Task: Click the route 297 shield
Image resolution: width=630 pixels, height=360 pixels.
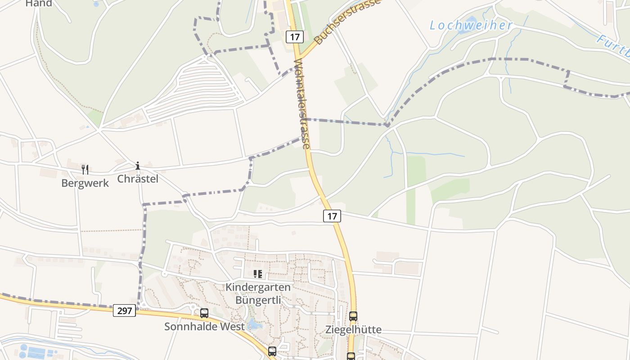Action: tap(124, 310)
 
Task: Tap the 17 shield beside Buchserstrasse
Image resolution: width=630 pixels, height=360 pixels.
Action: tap(295, 37)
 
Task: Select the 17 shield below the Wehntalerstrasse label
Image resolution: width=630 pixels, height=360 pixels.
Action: tap(332, 216)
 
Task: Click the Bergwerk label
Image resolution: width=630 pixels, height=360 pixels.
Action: tap(85, 183)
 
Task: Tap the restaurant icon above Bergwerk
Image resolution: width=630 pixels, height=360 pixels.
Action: tap(85, 169)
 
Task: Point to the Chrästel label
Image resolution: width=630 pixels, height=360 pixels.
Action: tap(138, 179)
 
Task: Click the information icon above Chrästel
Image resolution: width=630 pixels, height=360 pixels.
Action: tap(138, 166)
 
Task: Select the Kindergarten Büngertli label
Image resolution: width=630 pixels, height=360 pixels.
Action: tap(258, 293)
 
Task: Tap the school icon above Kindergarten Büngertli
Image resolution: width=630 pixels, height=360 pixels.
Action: tap(258, 274)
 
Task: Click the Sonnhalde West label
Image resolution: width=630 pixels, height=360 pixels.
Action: tap(204, 326)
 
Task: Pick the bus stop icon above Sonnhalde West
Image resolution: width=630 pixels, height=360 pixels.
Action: tap(204, 313)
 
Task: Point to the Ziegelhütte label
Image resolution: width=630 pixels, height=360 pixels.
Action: tap(353, 329)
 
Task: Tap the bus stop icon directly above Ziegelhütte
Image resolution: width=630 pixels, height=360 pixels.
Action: tap(353, 316)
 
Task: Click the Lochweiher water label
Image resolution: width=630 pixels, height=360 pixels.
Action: tap(471, 26)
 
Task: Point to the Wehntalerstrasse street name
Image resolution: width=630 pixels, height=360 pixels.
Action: tap(302, 104)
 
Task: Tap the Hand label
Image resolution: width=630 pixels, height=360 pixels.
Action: tap(39, 4)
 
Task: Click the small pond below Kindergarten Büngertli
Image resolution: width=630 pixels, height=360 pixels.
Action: tap(254, 324)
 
